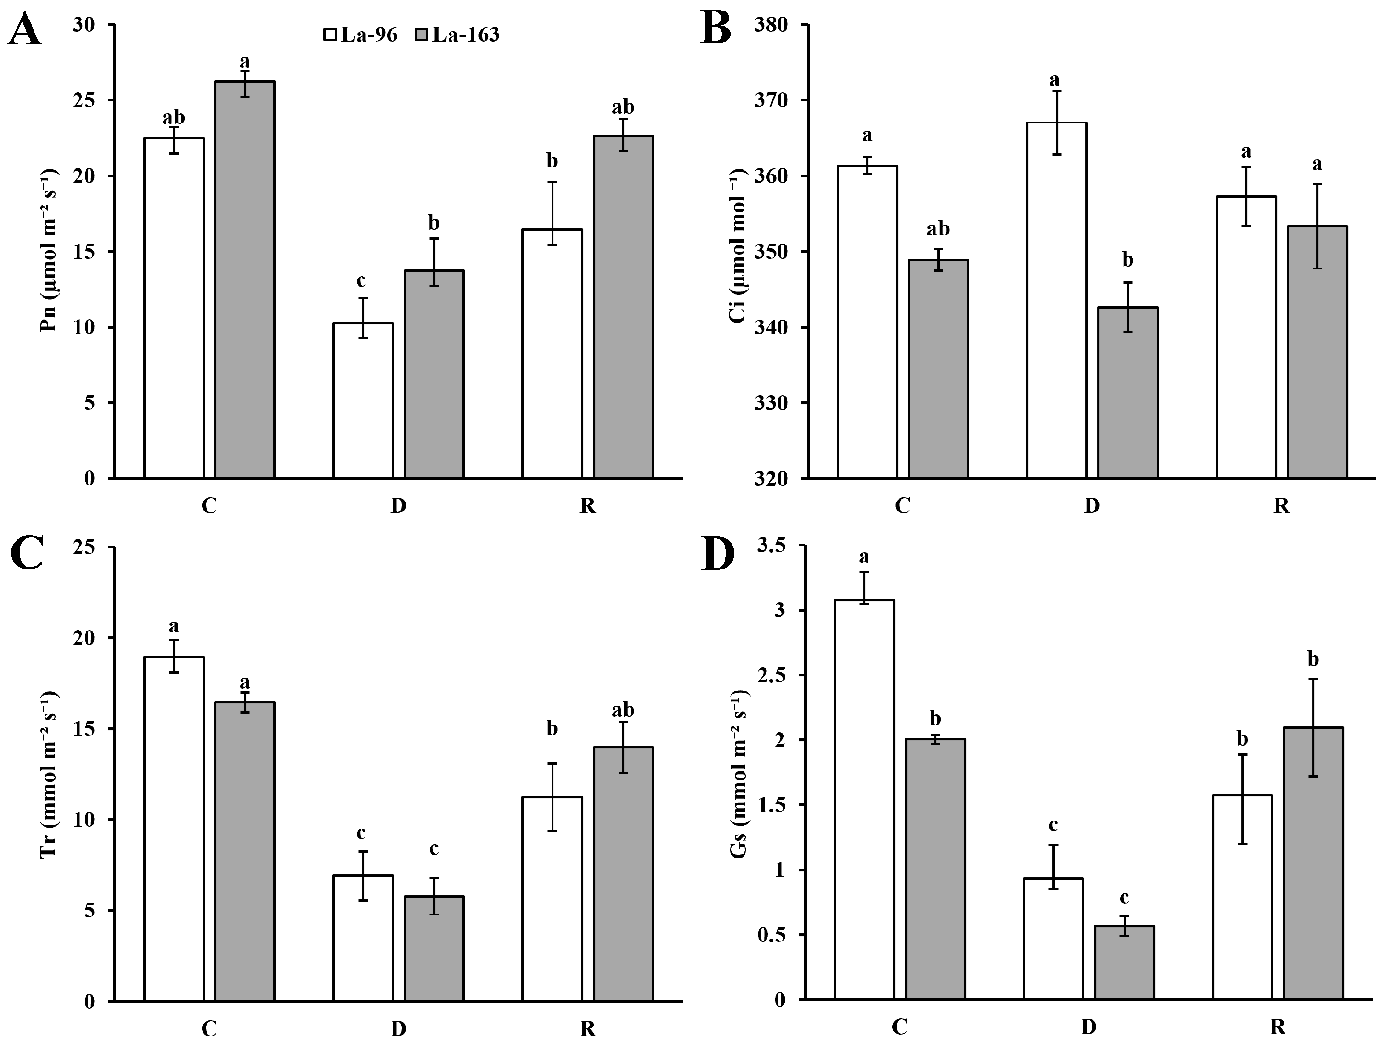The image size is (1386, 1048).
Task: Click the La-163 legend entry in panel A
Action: pos(457,34)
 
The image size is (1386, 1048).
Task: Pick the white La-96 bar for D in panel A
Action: pos(363,401)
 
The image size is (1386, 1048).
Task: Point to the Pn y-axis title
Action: pos(49,251)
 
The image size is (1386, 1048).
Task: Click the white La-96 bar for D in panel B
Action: pos(1057,301)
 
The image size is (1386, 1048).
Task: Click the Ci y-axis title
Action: pos(739,245)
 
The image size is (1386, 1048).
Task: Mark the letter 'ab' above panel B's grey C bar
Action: pos(938,229)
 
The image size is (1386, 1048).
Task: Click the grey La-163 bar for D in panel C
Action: pos(434,948)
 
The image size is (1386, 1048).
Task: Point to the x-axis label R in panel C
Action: pos(587,1028)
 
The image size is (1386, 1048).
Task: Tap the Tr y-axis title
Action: pos(49,775)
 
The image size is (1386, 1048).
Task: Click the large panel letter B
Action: pos(716,29)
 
